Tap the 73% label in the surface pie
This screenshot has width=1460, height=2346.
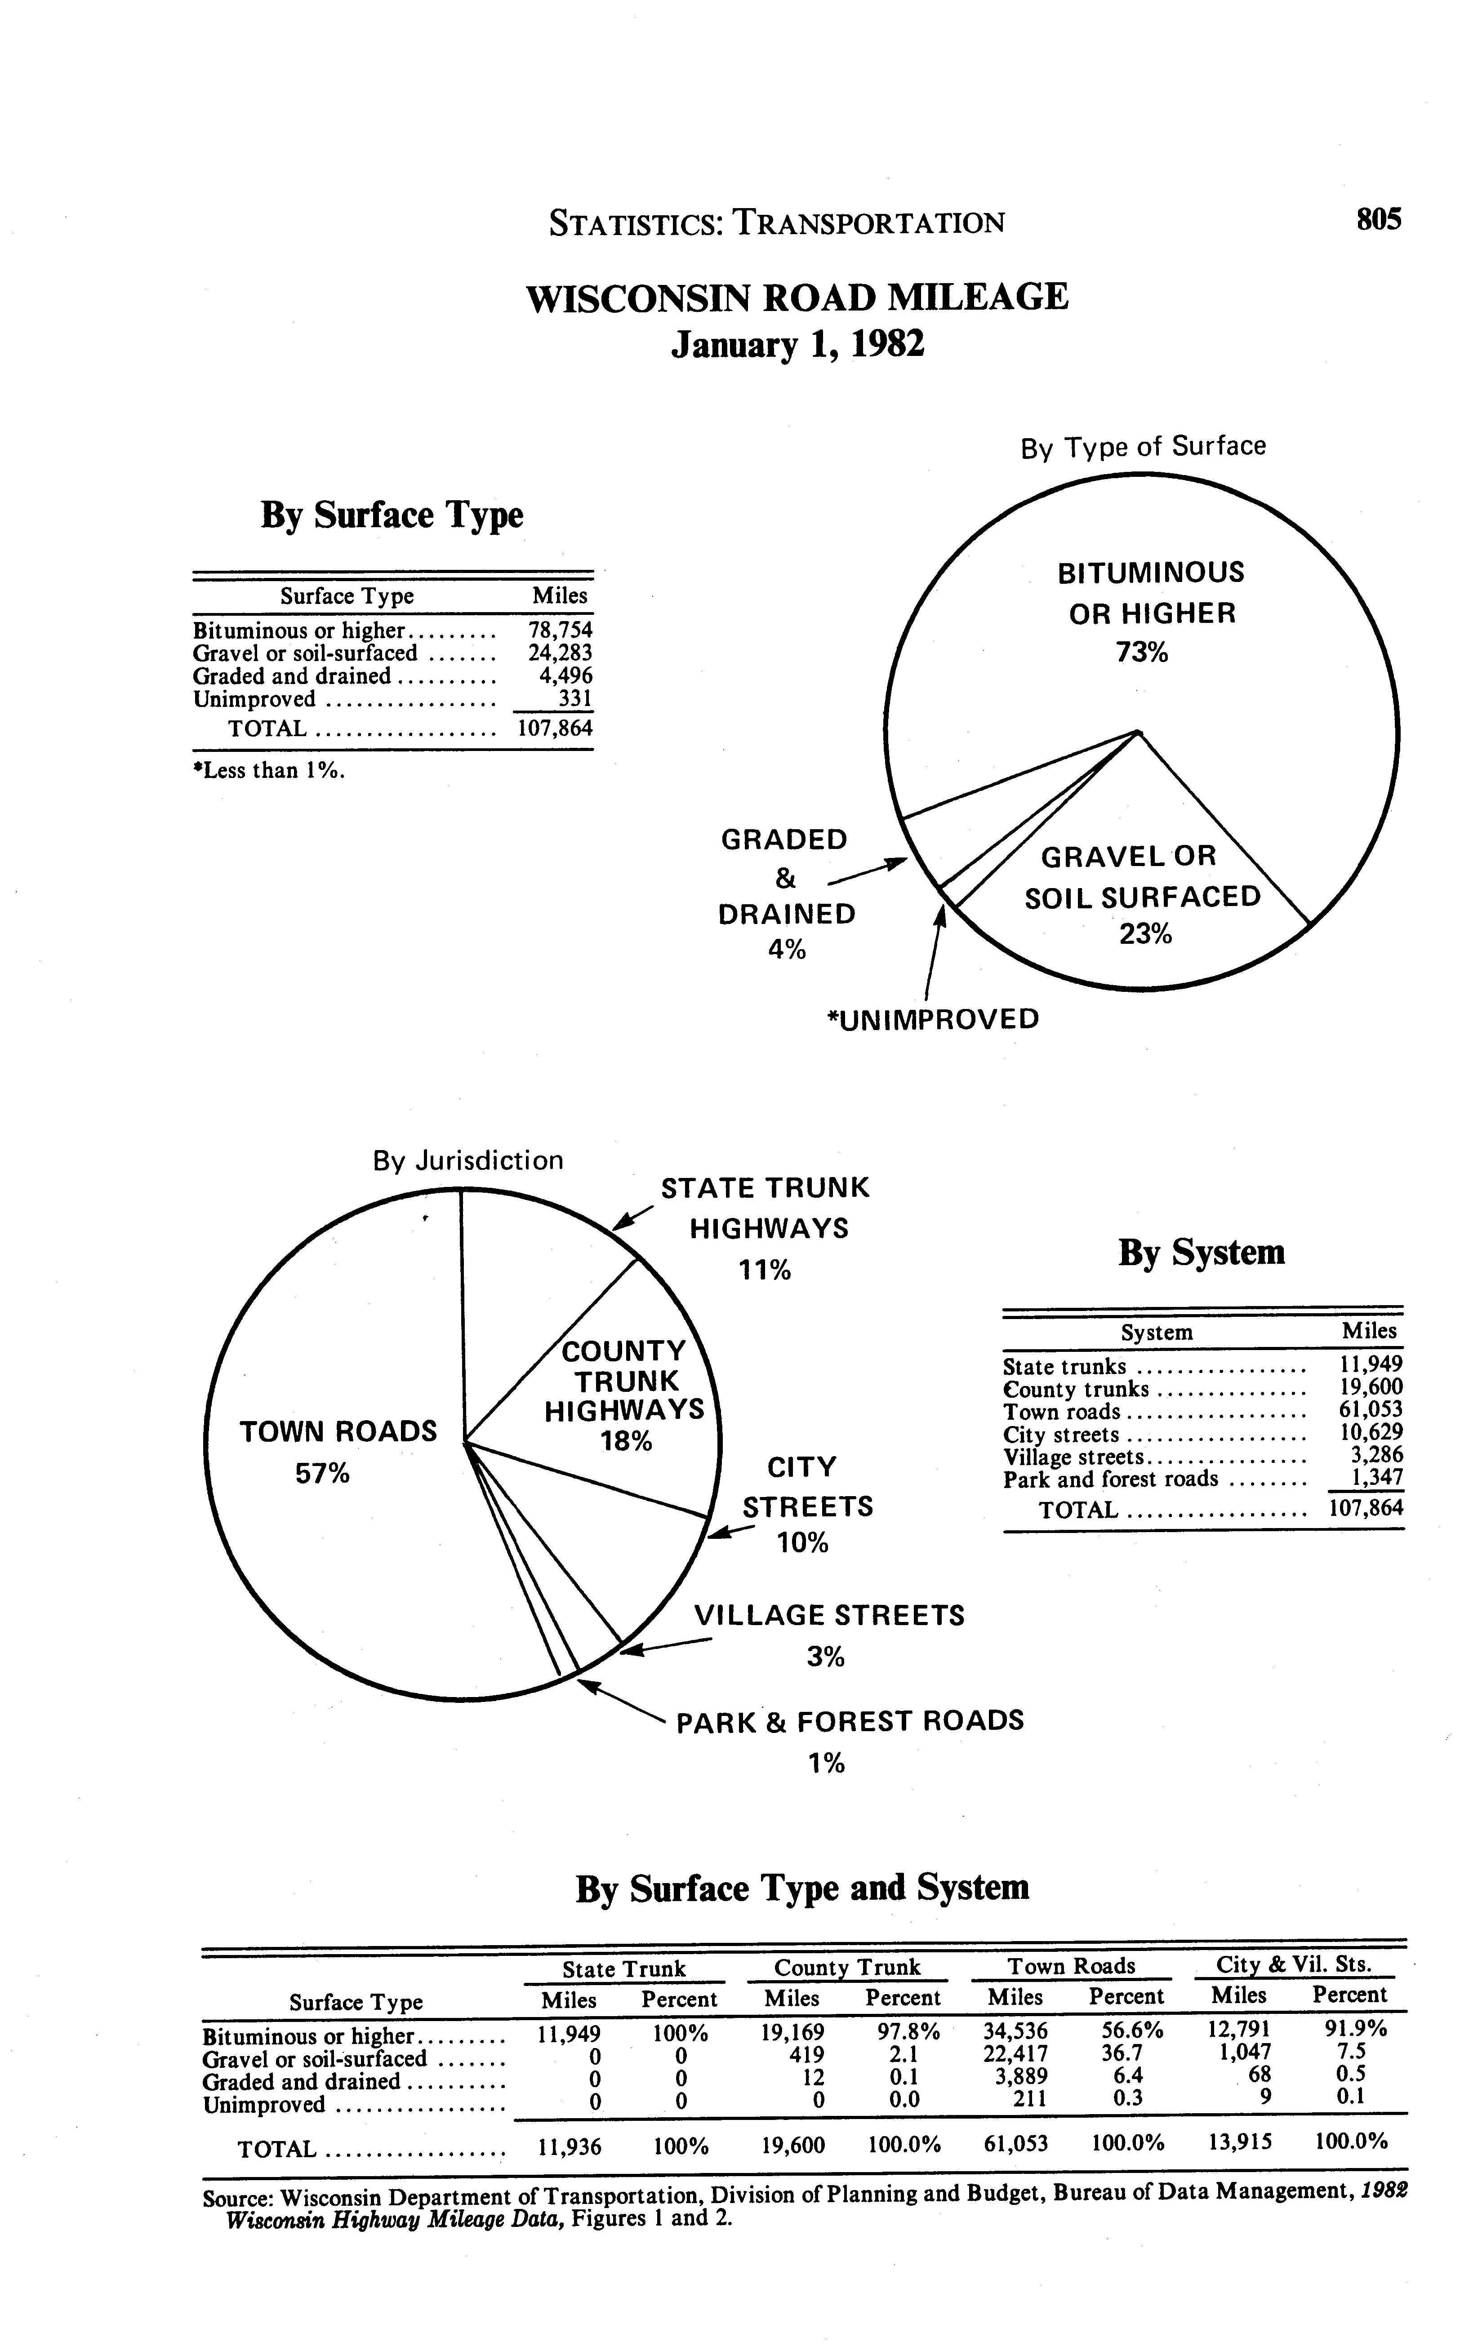pyautogui.click(x=1142, y=653)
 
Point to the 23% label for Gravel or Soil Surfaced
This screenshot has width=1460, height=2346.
pyautogui.click(x=1145, y=934)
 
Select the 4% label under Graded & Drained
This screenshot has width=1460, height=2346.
pyautogui.click(x=787, y=950)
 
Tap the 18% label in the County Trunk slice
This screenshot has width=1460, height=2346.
pyautogui.click(x=626, y=1441)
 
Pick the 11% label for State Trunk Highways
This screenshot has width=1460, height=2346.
pyautogui.click(x=765, y=1271)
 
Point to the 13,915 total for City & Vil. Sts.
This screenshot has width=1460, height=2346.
pyautogui.click(x=1240, y=2145)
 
